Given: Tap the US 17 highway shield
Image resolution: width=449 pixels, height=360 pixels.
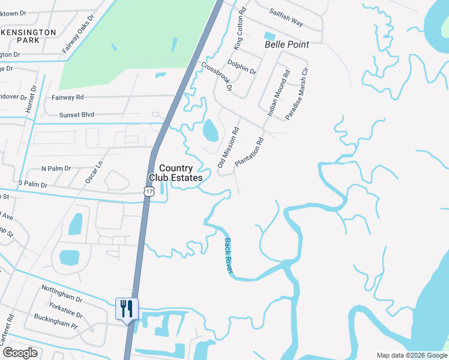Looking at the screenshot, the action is [x=148, y=191].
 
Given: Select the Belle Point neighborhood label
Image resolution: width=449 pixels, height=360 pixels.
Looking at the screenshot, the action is [x=287, y=44].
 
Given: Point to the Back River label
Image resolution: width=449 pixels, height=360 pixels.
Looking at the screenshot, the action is [x=229, y=256].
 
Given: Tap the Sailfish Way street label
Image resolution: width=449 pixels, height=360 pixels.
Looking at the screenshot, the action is [x=286, y=18].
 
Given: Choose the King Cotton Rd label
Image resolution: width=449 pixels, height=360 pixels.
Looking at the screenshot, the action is [x=239, y=29].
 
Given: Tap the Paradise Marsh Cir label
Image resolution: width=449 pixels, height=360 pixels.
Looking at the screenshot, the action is [x=297, y=96].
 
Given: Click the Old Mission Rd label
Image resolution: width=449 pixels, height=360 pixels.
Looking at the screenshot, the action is [x=228, y=146].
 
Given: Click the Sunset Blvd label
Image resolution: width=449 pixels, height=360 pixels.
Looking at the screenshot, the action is [x=77, y=115].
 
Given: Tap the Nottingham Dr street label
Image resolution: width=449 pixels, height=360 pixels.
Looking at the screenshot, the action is [x=62, y=293].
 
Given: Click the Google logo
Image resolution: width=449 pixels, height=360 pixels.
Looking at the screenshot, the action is [x=20, y=353].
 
